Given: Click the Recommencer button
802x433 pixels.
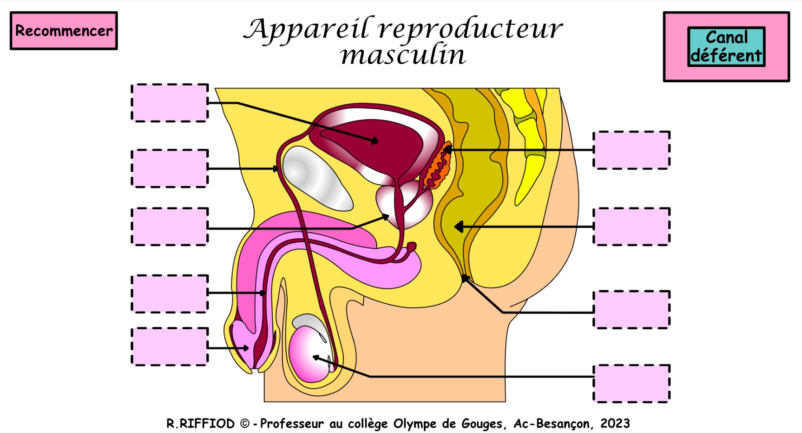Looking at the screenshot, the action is coord(64,31).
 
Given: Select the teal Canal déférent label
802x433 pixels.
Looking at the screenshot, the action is coord(726,47).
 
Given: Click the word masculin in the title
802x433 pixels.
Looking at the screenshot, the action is coord(403,55).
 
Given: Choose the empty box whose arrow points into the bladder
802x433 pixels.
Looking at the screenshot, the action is coord(170,103).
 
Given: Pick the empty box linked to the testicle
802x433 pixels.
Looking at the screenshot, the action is coord(631,384).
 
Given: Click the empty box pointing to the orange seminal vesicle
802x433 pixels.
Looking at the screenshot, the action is coord(631,150).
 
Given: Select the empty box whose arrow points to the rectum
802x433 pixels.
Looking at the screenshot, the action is coord(631,226).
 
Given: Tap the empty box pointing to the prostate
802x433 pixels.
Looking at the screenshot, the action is coord(170,226).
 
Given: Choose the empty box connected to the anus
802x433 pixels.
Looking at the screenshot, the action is coord(631,310).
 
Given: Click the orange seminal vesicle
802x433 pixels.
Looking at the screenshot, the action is coord(438,167).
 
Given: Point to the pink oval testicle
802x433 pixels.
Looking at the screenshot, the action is coord(309,353).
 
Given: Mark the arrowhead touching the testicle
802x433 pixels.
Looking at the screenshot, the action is coord(316,358).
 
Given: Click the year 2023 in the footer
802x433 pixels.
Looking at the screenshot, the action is coord(615,424).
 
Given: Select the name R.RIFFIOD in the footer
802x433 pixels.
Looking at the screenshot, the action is coord(201,424).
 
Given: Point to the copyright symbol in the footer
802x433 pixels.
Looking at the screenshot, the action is coord(245,424).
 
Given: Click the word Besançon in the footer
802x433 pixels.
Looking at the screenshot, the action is coord(564,424).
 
